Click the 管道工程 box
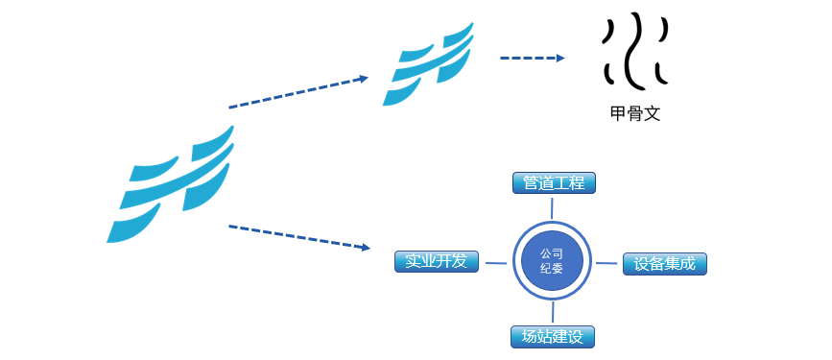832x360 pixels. click(x=554, y=182)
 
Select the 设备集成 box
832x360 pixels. click(x=664, y=263)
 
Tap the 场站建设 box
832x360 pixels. click(x=553, y=337)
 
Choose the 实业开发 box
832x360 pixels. click(x=436, y=261)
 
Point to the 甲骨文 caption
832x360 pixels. click(x=635, y=113)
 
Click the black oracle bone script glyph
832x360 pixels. click(x=633, y=50)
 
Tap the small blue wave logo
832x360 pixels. click(x=428, y=64)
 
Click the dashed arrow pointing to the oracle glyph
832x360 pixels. click(x=532, y=59)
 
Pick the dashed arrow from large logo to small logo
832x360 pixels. click(x=297, y=92)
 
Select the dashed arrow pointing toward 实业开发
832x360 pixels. click(x=297, y=237)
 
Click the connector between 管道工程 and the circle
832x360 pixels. click(x=552, y=207)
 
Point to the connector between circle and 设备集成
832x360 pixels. click(x=606, y=262)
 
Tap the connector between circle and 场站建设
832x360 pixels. click(x=553, y=313)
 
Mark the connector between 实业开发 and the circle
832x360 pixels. click(x=495, y=261)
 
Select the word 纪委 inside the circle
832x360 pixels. click(x=552, y=270)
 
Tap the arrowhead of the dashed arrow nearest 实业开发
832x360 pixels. click(x=366, y=248)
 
